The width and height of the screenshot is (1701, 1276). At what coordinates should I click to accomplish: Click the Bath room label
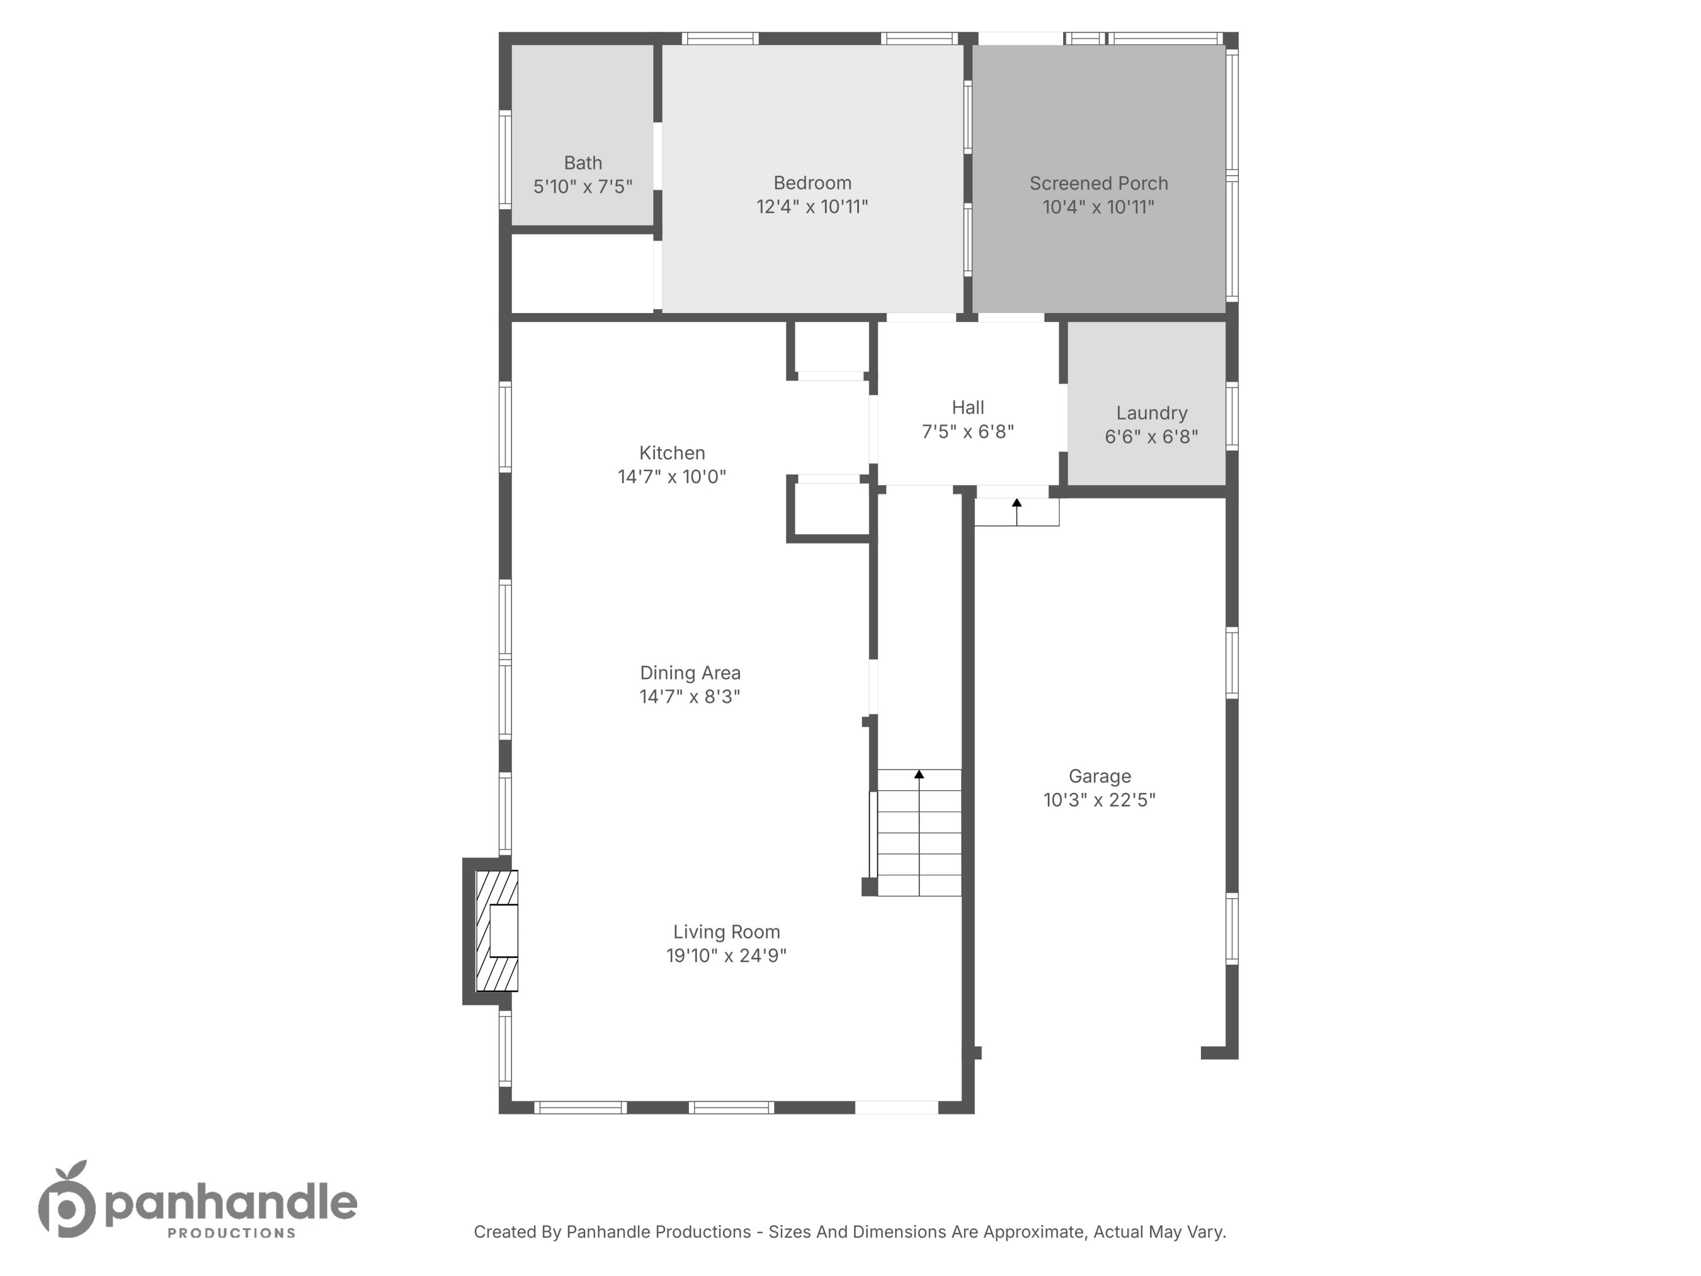582,163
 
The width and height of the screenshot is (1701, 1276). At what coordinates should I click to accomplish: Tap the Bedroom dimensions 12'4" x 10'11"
812,207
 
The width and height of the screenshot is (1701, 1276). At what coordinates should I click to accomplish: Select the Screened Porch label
1098,184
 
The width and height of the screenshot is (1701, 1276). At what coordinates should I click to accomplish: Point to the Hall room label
967,408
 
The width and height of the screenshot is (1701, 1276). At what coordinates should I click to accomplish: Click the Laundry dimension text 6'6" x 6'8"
1151,437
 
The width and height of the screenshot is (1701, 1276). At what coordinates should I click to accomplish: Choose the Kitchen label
671,453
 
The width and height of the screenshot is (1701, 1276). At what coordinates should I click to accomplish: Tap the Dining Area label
690,673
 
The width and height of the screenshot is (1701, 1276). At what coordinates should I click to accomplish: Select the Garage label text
1099,776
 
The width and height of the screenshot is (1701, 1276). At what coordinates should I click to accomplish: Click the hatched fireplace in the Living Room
496,931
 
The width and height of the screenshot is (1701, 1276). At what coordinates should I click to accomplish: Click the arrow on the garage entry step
1017,503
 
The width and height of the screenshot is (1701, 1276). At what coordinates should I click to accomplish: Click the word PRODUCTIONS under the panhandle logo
231,1233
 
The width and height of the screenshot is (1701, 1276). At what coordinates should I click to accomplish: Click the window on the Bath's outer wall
505,159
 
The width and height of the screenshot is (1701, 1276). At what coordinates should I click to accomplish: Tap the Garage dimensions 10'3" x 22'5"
1099,800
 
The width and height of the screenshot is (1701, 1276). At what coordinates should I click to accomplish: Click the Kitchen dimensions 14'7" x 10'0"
671,477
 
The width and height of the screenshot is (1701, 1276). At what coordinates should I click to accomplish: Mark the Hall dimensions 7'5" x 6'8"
967,432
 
